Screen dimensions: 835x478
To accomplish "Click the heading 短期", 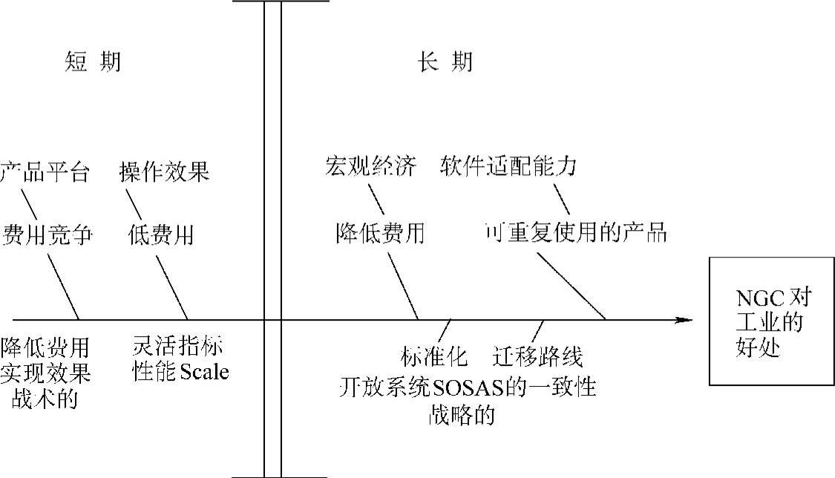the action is (x=92, y=63).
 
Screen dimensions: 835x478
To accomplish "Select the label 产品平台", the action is (x=45, y=172).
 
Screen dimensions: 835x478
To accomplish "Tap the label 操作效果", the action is (x=164, y=172).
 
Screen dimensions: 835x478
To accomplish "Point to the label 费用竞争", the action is (x=48, y=235).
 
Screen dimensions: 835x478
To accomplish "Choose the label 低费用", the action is (x=160, y=235).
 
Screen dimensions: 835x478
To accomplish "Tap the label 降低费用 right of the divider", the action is (x=379, y=233).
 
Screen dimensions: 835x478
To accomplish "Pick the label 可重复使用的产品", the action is (x=576, y=232).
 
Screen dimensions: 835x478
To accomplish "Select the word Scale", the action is (x=201, y=372).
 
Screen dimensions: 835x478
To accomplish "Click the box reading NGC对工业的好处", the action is (x=771, y=321).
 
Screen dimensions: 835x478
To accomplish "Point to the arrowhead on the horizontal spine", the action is (x=684, y=320).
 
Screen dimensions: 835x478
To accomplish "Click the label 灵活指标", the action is (x=178, y=347).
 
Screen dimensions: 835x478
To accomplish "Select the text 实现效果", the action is (x=46, y=373).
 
